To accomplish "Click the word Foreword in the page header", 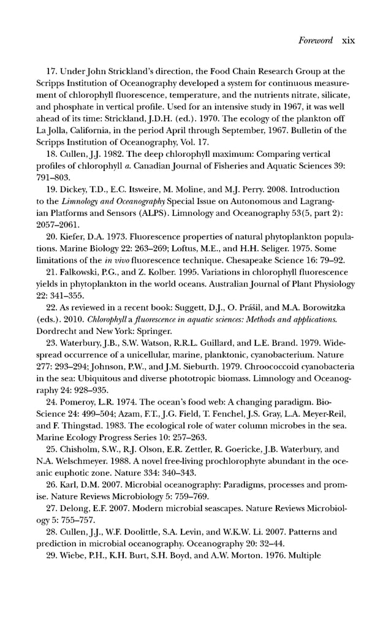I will (315, 40).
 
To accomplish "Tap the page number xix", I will (348, 40).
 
